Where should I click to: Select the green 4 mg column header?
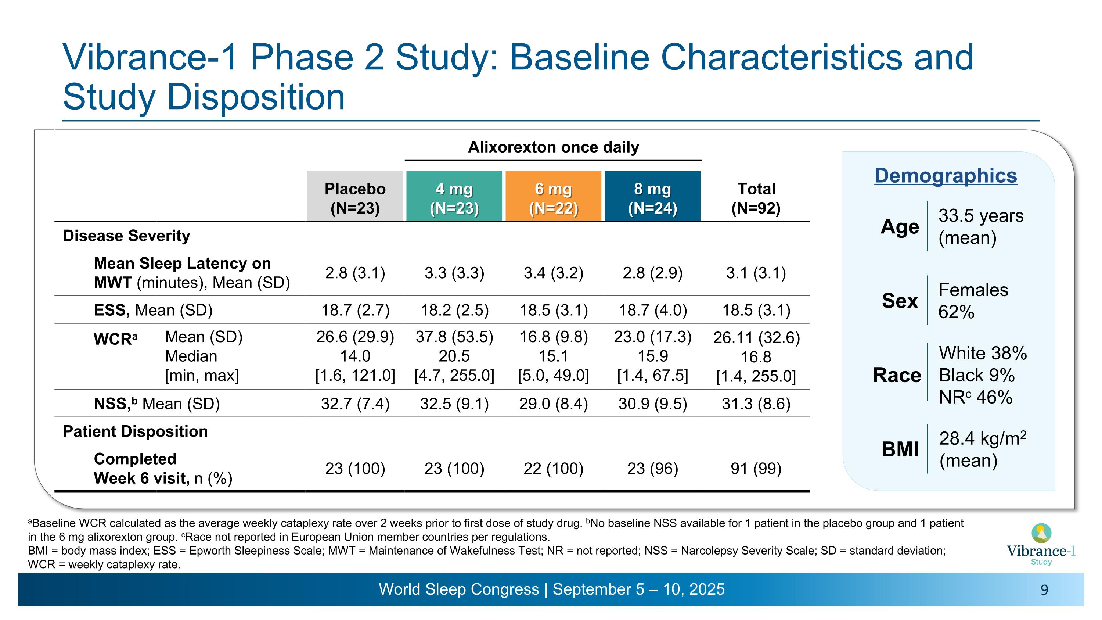[454, 198]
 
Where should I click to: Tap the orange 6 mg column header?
[553, 198]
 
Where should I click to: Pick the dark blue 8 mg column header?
[652, 198]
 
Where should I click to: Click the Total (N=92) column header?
[756, 198]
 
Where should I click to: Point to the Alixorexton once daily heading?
[553, 147]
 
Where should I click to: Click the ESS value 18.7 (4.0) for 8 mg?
[653, 310]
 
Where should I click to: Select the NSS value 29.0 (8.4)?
[553, 404]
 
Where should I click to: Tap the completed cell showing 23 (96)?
[653, 469]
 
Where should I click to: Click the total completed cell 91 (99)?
[756, 469]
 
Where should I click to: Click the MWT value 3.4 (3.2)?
[553, 273]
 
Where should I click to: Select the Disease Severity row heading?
[126, 236]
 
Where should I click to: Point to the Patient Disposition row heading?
[135, 431]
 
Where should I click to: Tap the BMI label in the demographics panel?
[900, 449]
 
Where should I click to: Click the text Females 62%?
[973, 301]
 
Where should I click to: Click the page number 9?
[1044, 590]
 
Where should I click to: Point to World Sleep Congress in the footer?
[458, 589]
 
